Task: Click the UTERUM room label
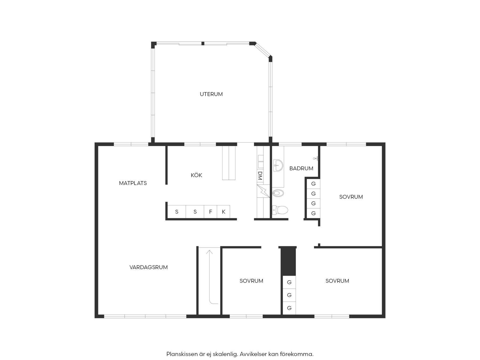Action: [x=211, y=94]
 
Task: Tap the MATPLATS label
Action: [x=133, y=183]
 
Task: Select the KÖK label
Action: [x=197, y=175]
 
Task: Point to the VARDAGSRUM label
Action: [x=149, y=267]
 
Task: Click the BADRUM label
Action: [x=301, y=168]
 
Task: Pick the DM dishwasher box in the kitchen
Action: [x=260, y=175]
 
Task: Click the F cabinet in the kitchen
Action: [x=210, y=212]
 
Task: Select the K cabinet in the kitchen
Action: [x=223, y=212]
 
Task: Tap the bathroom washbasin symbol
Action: [x=278, y=165]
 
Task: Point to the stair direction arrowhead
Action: [x=210, y=252]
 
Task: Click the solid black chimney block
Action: [x=288, y=261]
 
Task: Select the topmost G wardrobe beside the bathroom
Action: [x=313, y=184]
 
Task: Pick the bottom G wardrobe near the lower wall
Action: [x=289, y=308]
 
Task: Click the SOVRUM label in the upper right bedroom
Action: [x=351, y=197]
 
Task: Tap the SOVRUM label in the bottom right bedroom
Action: [x=337, y=281]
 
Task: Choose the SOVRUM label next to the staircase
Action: [x=251, y=281]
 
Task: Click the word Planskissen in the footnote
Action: [x=182, y=354]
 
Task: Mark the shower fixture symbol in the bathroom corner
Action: [x=316, y=158]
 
